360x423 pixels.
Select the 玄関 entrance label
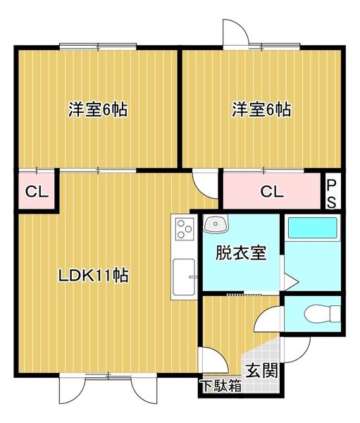pyautogui.click(x=261, y=369)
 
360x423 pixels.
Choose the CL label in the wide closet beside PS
pyautogui.click(x=271, y=191)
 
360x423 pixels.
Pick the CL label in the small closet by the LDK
pyautogui.click(x=33, y=191)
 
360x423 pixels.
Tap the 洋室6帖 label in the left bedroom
pyautogui.click(x=97, y=110)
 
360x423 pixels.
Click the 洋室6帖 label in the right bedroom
pyautogui.click(x=261, y=110)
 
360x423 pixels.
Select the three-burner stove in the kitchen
pyautogui.click(x=185, y=229)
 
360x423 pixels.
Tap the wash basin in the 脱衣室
pyautogui.click(x=214, y=225)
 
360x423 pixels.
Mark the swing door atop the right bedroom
pyautogui.click(x=235, y=32)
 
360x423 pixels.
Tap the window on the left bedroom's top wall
pyautogui.click(x=99, y=47)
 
